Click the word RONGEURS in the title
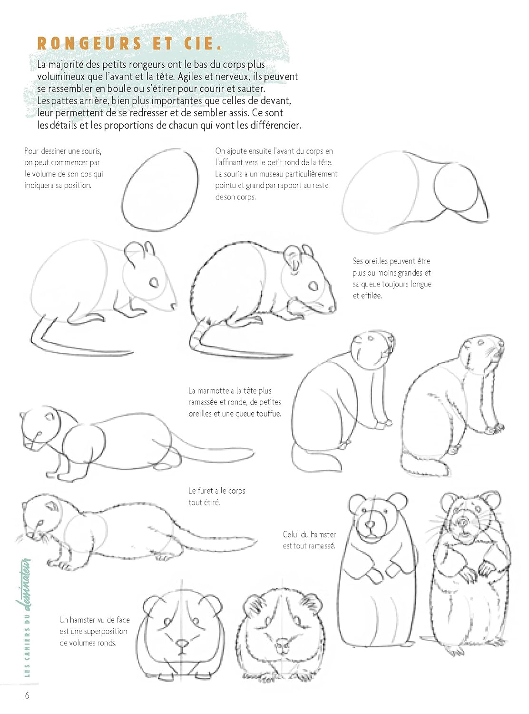coord(89,43)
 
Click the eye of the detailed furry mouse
coord(313,286)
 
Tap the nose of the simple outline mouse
coord(174,305)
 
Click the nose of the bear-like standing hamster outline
coord(371,525)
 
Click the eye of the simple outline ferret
coord(49,416)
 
